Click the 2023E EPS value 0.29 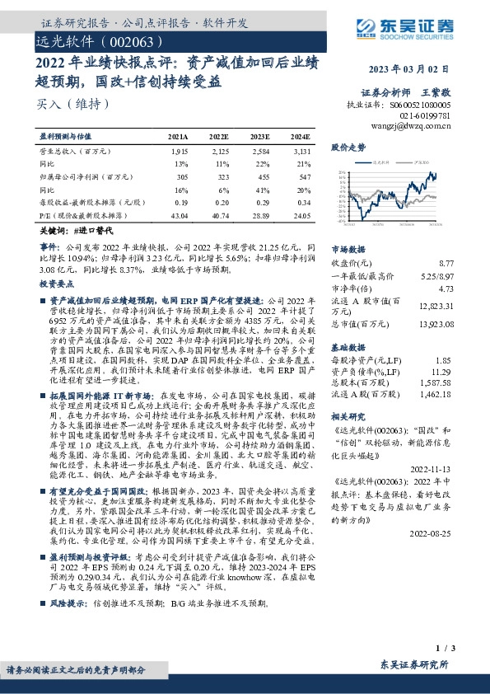coord(259,202)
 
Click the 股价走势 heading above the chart coord(348,148)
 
